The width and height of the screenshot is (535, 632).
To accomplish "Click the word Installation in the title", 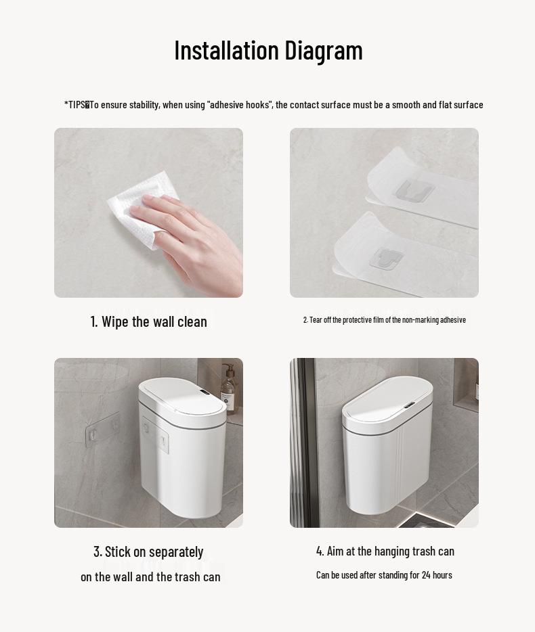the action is point(226,50).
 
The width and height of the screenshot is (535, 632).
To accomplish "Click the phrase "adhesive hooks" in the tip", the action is point(240,105).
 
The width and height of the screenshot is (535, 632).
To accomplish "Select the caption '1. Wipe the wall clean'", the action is point(148,321).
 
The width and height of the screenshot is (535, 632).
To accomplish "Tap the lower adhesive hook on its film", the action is point(387,258).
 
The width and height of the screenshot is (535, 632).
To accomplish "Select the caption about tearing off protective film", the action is point(384,320).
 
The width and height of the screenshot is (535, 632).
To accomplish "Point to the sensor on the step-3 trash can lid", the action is point(205,392).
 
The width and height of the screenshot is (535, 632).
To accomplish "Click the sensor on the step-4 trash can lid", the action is point(410,405).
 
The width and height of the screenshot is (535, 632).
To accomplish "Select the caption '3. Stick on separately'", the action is point(148,551).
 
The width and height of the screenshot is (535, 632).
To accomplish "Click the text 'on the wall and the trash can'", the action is point(150,577).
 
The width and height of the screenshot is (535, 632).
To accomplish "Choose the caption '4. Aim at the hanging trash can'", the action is point(385,551).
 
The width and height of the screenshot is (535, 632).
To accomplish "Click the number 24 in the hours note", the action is point(426,575).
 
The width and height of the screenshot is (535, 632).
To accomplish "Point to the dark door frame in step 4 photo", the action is point(305,443).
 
